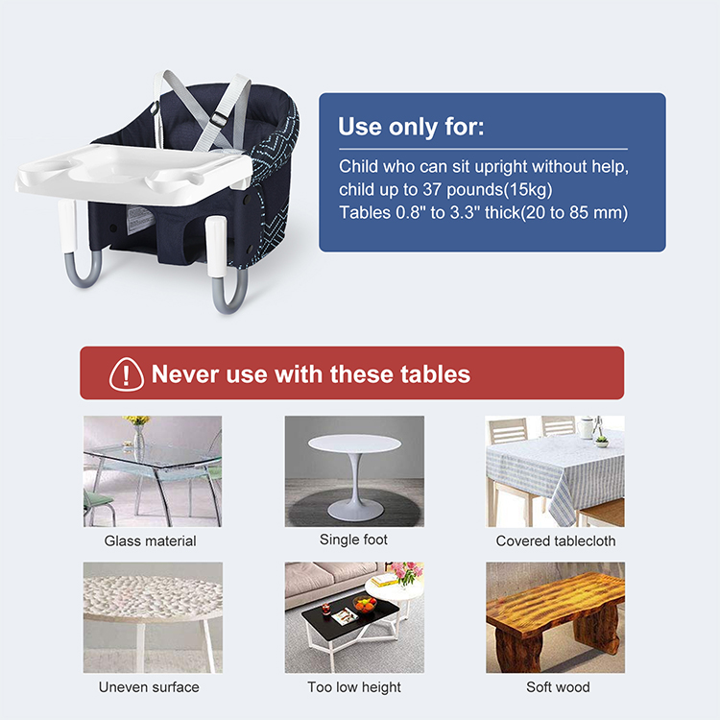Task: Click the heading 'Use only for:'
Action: pos(411,127)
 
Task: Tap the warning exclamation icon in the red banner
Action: pos(126,373)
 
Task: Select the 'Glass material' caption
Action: pos(150,541)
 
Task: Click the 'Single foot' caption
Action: pos(353,540)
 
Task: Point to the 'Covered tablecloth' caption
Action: pos(556,541)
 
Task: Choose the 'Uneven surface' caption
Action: pos(149,687)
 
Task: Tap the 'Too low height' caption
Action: pos(354,687)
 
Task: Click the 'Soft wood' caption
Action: pos(558,687)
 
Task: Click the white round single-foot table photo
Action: pos(354,470)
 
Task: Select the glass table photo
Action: pos(152,470)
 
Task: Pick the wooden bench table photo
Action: pos(555,616)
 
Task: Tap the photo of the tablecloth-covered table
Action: pos(555,470)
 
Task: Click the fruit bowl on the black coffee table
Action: pos(364,604)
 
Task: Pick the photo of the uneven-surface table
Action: pos(152,616)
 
